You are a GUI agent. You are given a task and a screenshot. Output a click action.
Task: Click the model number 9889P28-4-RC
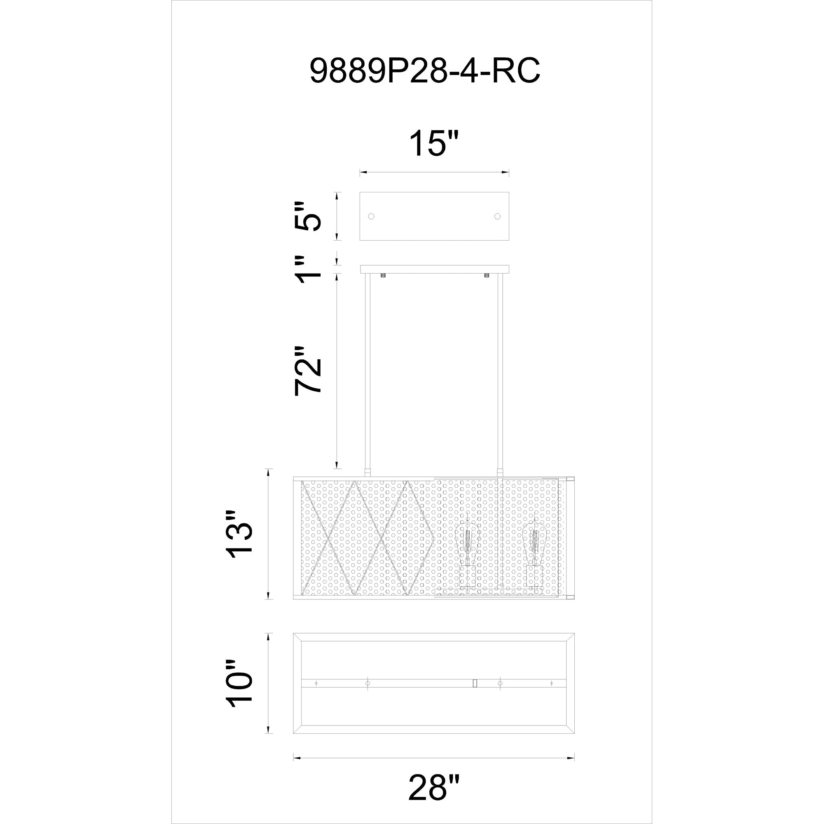coord(425,70)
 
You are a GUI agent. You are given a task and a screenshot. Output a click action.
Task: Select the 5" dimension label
coord(308,216)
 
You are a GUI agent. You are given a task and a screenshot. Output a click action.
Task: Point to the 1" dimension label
coord(308,270)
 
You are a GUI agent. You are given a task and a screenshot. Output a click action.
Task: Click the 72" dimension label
coord(308,371)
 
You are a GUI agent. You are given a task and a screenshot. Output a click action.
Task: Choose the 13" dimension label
coord(239,534)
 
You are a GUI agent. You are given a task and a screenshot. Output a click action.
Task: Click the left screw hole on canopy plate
coord(371,216)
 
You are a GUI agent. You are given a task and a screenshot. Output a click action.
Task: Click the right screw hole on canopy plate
coord(497,216)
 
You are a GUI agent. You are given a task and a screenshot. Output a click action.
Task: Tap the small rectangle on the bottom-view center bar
coord(475,684)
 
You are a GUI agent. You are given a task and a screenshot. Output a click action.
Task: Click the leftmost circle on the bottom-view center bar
coord(316,684)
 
